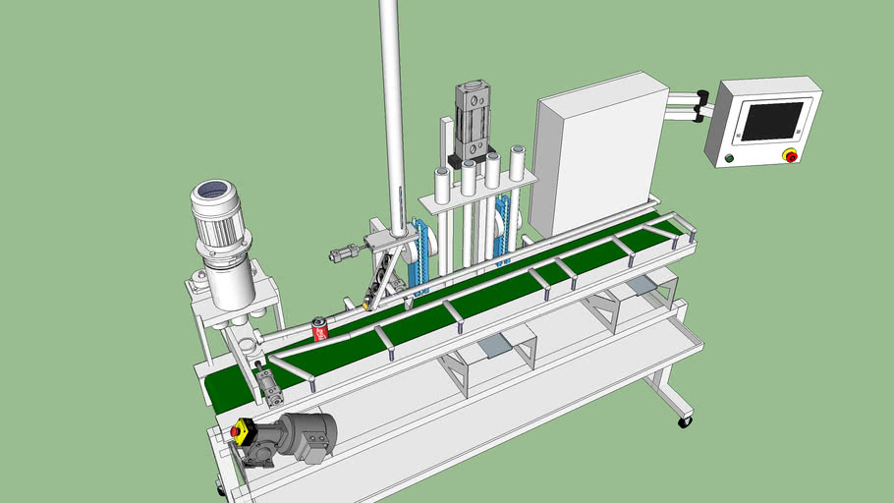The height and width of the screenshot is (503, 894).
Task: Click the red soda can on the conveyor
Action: (319, 330)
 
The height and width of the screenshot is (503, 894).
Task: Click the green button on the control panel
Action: (728, 157)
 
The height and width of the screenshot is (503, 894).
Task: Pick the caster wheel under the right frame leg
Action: (684, 421)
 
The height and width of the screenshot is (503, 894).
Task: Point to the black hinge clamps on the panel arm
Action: (701, 106)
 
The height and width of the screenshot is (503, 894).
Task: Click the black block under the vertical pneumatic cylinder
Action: (461, 161)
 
